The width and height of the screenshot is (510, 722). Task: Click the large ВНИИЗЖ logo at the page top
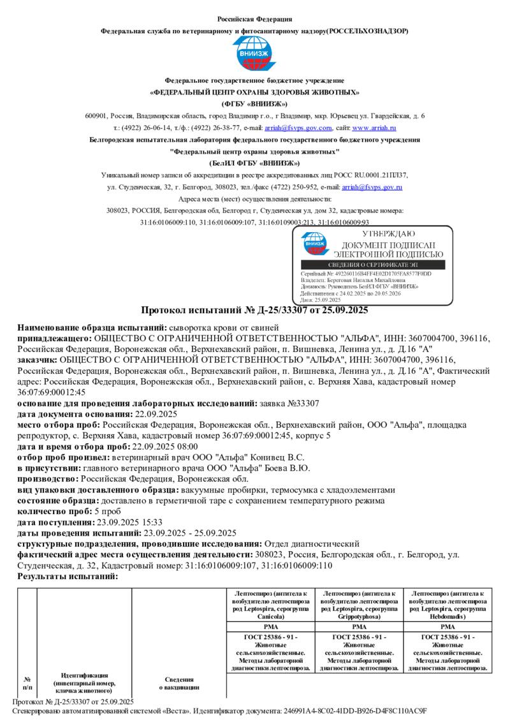click(x=255, y=54)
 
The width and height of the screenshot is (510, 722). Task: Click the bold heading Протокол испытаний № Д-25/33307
click(x=254, y=311)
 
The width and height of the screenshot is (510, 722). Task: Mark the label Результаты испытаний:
click(x=68, y=576)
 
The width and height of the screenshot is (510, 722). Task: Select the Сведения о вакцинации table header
click(x=178, y=683)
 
